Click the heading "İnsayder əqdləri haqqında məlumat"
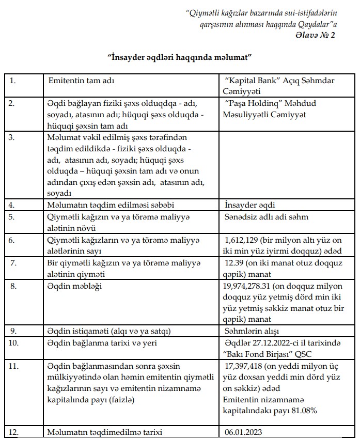click(x=179, y=56)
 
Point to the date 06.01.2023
click(x=243, y=433)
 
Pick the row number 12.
click(x=14, y=433)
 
